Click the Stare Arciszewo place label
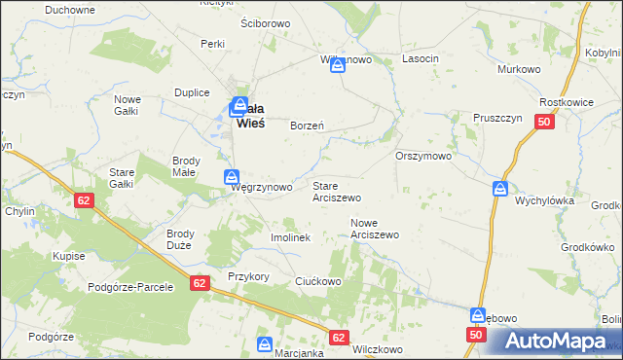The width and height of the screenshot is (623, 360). [336, 191]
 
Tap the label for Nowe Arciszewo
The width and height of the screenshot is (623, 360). [375, 229]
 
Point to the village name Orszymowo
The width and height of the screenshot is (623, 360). [423, 156]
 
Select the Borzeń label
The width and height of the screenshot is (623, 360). [307, 126]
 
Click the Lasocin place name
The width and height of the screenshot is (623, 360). [421, 59]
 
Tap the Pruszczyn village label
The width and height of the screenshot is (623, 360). [497, 114]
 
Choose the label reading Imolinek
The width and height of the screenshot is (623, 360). [289, 237]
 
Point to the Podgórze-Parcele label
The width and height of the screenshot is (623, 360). [129, 287]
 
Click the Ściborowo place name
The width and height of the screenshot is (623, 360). [266, 21]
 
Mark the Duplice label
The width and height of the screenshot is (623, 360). [192, 92]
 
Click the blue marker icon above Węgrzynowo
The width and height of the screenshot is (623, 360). [232, 176]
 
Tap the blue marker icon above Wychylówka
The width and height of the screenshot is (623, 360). [499, 188]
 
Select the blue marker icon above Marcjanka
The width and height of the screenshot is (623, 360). [264, 343]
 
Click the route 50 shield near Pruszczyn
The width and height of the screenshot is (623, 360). [544, 122]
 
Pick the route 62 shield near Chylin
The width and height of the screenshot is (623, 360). [85, 198]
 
